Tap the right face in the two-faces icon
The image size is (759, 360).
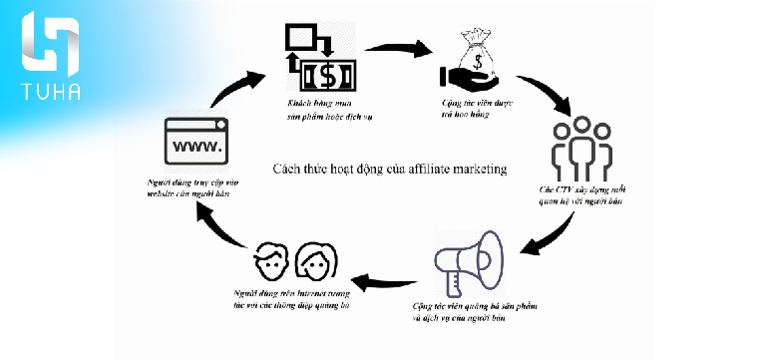(316, 263)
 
